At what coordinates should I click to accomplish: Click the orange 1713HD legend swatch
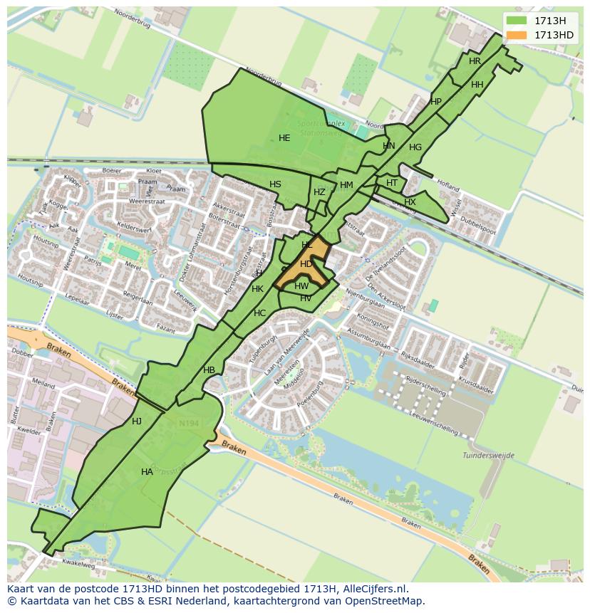point(517,35)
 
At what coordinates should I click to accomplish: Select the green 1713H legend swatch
point(517,21)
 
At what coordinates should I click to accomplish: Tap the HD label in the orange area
point(306,264)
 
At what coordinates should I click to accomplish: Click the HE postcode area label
point(284,138)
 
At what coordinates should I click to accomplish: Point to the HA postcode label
point(147,472)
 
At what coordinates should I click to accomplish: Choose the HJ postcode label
point(137,421)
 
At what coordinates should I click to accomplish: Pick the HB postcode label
point(209,370)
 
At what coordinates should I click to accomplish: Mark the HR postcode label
point(475,61)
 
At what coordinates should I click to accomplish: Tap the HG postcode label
point(415,147)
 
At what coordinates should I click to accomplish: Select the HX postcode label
point(410,202)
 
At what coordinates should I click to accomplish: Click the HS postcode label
point(275,184)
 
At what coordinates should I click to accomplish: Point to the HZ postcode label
point(319,192)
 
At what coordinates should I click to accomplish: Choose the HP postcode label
point(436,102)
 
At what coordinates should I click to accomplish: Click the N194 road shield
point(189,424)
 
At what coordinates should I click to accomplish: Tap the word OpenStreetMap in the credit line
point(385,601)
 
